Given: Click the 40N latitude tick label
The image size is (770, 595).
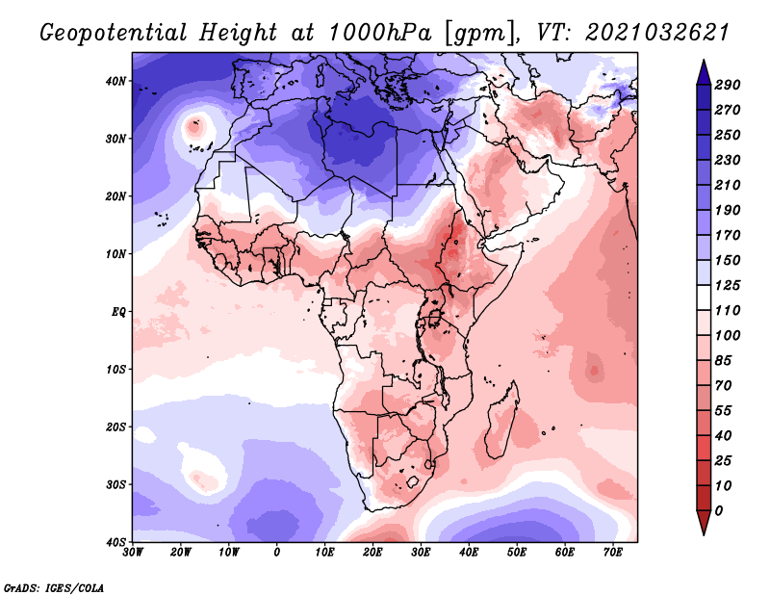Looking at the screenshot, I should (x=115, y=81).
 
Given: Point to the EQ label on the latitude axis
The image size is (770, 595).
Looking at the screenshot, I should (x=118, y=312).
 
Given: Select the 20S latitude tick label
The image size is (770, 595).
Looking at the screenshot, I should (x=115, y=427).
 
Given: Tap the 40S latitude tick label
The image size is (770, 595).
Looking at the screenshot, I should (x=115, y=542).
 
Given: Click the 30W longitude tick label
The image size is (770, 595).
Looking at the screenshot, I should (x=133, y=553).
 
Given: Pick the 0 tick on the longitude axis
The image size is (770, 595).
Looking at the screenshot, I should (x=277, y=553).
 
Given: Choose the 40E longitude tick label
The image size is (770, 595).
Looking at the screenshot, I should (x=469, y=553).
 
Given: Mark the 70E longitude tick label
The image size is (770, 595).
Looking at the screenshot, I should (x=613, y=553).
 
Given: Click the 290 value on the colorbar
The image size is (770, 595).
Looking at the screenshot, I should (x=728, y=86).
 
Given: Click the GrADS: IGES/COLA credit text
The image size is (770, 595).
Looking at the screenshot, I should (x=54, y=586).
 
